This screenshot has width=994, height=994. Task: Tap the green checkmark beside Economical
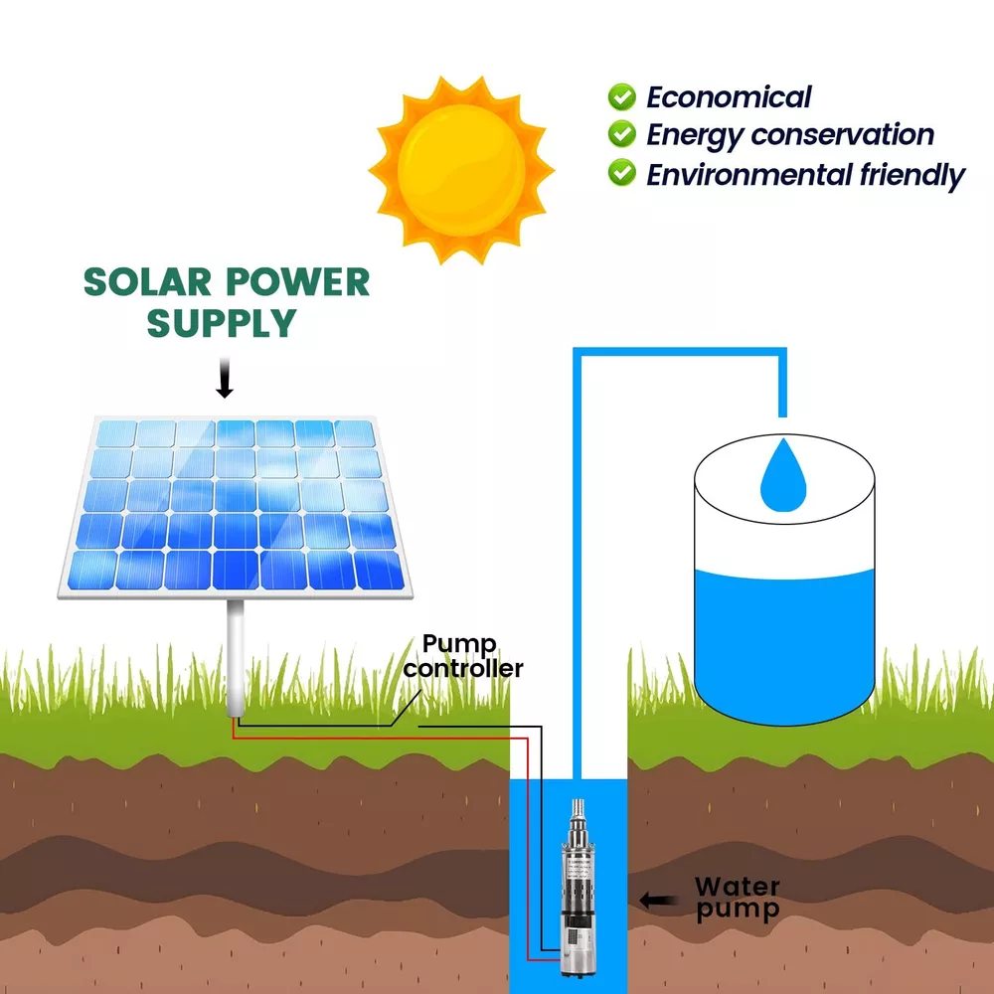[622, 96]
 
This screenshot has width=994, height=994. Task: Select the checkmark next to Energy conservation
[622, 133]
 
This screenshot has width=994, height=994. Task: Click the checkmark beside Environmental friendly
[622, 172]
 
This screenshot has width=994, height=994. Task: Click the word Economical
[729, 97]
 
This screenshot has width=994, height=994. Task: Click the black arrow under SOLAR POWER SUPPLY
[225, 380]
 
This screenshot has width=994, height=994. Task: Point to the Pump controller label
[462, 656]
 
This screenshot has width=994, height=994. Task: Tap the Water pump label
[737, 898]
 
